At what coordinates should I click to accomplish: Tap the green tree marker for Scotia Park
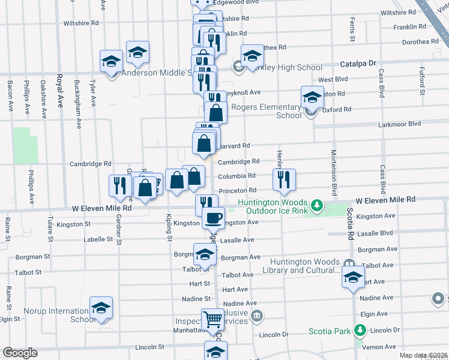360,331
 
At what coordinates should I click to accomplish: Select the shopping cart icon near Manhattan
212,319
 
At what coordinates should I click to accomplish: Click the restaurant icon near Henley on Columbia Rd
283,179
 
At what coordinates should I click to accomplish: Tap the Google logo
19,353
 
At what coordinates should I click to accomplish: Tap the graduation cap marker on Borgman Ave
204,254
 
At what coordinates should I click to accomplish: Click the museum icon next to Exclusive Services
257,315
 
